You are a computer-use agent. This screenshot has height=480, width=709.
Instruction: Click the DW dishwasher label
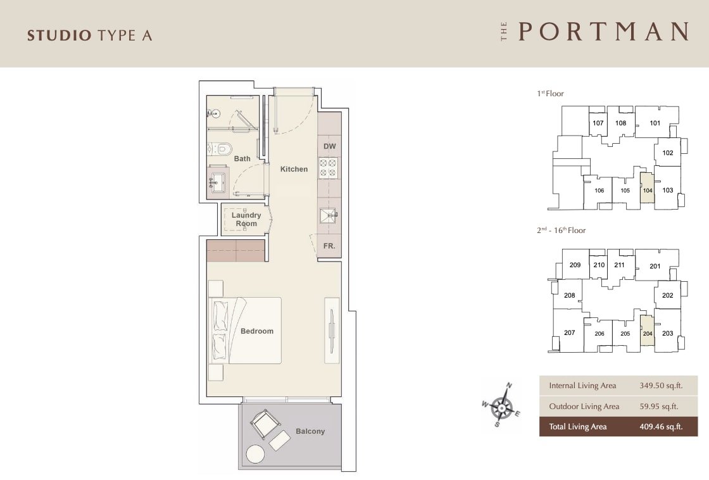click(330, 146)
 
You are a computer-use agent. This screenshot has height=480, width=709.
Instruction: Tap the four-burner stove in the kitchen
click(329, 167)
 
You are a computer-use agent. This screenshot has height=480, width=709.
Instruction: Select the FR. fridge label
click(329, 246)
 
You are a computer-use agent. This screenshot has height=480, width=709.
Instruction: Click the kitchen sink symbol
click(329, 216)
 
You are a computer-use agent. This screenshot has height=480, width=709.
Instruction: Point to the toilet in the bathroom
click(220, 148)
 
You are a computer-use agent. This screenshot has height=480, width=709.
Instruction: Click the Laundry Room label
click(246, 219)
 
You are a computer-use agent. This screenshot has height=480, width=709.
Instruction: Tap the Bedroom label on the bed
click(257, 331)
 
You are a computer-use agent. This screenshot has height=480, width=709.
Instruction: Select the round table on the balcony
click(256, 454)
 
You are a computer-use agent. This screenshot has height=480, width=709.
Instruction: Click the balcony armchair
click(265, 424)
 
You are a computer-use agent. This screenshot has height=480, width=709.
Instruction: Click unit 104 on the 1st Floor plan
click(648, 191)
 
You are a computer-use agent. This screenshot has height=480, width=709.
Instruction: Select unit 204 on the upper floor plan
click(648, 334)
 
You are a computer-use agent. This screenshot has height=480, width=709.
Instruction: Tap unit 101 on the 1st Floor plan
click(655, 123)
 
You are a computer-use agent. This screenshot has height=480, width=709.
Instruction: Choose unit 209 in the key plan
click(575, 265)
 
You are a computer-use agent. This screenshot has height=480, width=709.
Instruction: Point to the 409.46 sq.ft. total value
click(661, 427)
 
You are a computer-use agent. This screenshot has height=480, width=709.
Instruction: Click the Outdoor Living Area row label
click(584, 407)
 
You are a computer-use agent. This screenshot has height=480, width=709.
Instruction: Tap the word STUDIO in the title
click(60, 35)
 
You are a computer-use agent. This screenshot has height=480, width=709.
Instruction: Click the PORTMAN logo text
click(604, 32)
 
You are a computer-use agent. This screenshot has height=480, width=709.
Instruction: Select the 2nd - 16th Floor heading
click(561, 231)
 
